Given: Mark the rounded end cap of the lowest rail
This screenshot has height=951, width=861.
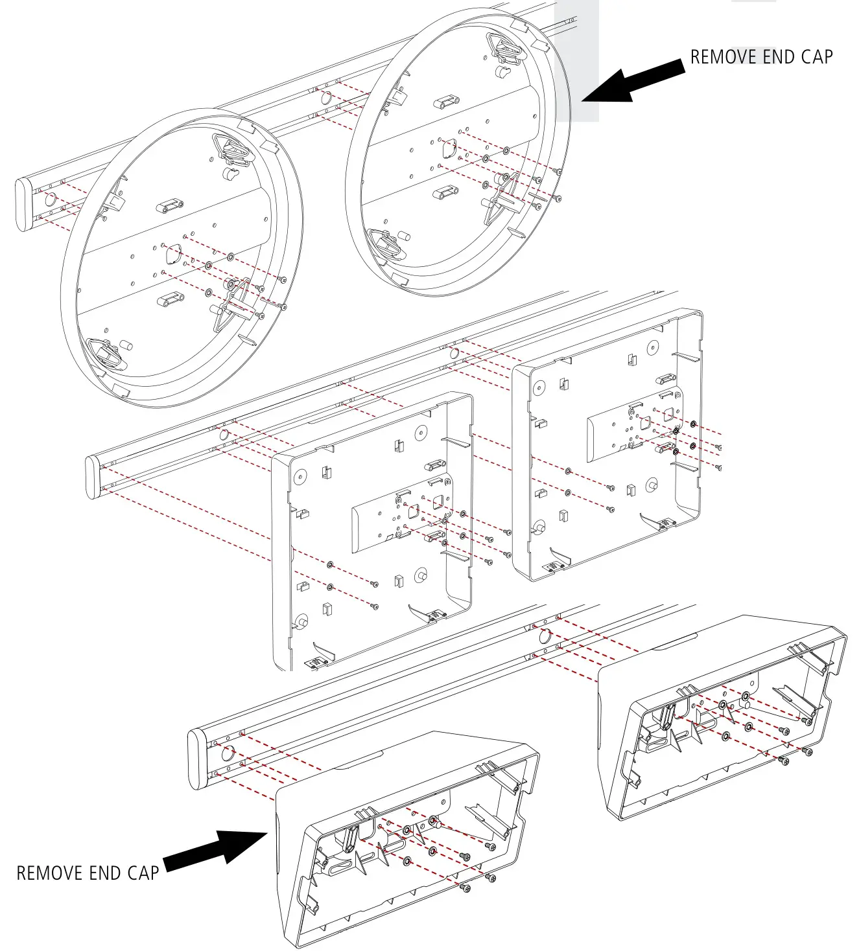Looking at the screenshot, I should [198, 760].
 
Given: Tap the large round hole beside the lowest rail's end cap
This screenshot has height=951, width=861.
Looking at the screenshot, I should [227, 753].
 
